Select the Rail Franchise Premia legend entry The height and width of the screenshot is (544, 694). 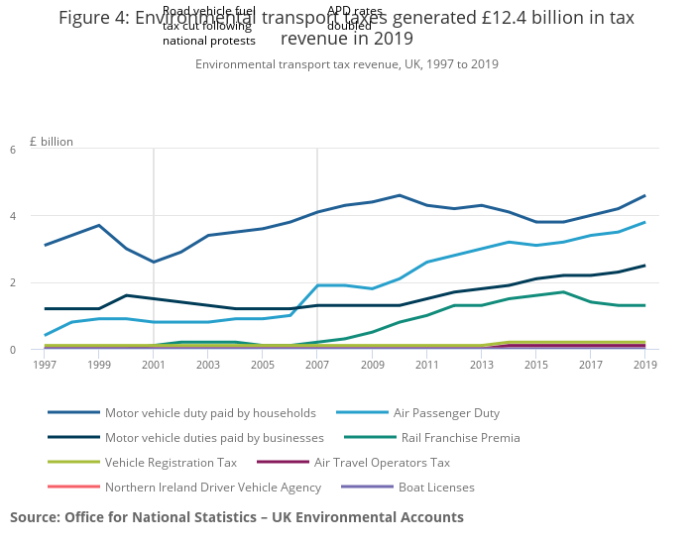[460, 437]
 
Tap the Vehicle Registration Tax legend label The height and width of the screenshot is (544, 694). [170, 462]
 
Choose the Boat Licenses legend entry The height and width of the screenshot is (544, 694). [436, 487]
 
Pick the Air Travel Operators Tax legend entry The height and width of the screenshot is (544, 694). [382, 462]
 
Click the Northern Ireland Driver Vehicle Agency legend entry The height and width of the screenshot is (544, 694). [212, 487]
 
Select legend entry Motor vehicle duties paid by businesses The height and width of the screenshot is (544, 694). [214, 437]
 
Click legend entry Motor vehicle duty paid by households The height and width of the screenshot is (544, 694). [210, 412]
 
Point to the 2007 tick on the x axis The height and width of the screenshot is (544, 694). [317, 365]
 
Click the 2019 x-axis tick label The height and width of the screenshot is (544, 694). [645, 365]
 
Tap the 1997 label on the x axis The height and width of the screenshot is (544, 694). [45, 365]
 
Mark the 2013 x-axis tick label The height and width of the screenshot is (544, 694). [481, 365]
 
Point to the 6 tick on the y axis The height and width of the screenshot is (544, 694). [40, 150]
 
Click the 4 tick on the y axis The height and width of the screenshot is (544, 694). [40, 216]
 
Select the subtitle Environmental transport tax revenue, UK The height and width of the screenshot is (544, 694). [346, 64]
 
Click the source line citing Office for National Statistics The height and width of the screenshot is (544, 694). [237, 517]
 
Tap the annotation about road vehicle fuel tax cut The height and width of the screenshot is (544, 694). [209, 27]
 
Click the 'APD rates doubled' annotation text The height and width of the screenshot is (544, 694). [354, 18]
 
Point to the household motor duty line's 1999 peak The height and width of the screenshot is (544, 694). [99, 225]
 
